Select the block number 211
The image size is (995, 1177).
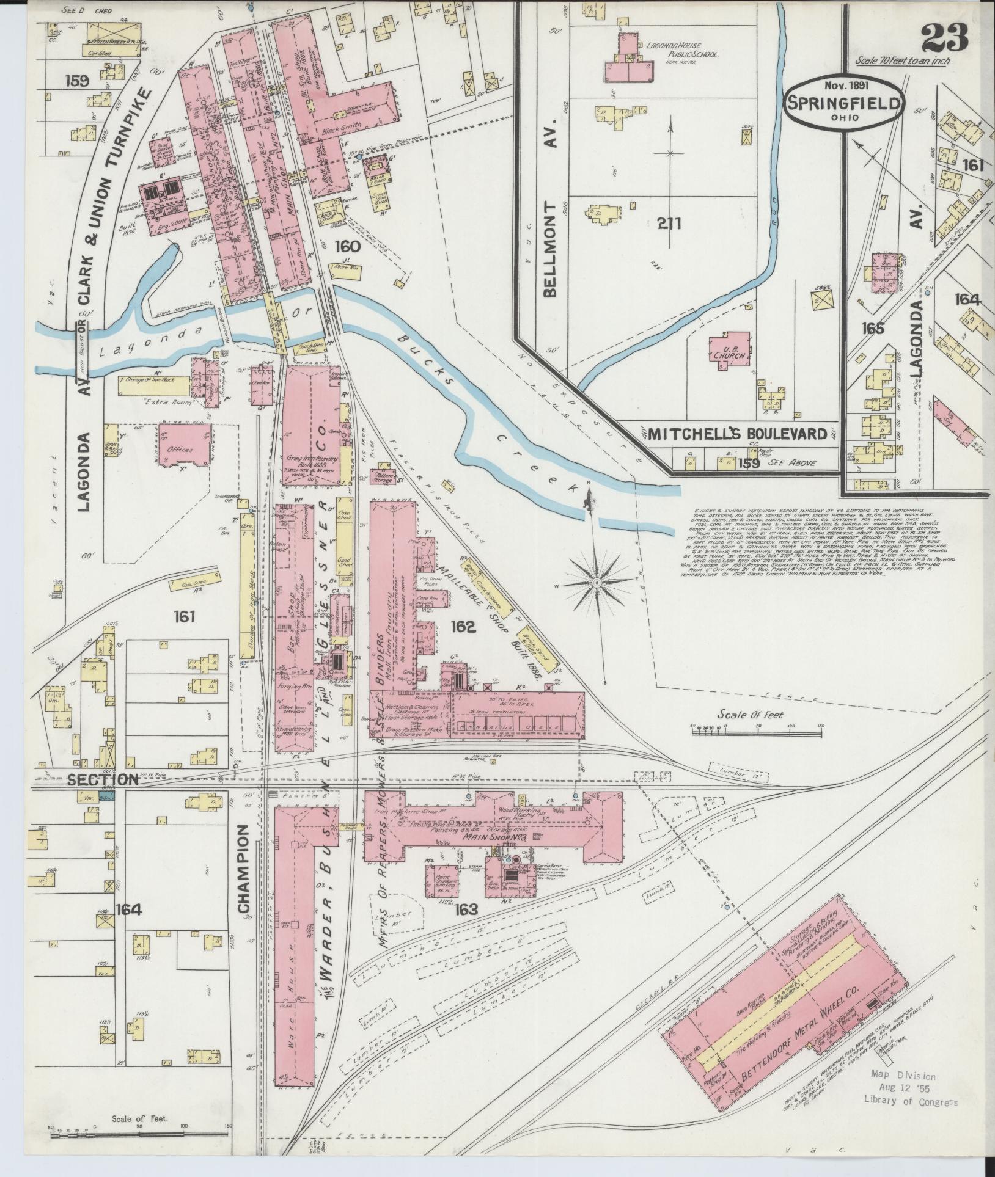pos(669,224)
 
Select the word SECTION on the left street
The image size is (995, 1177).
pos(102,779)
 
